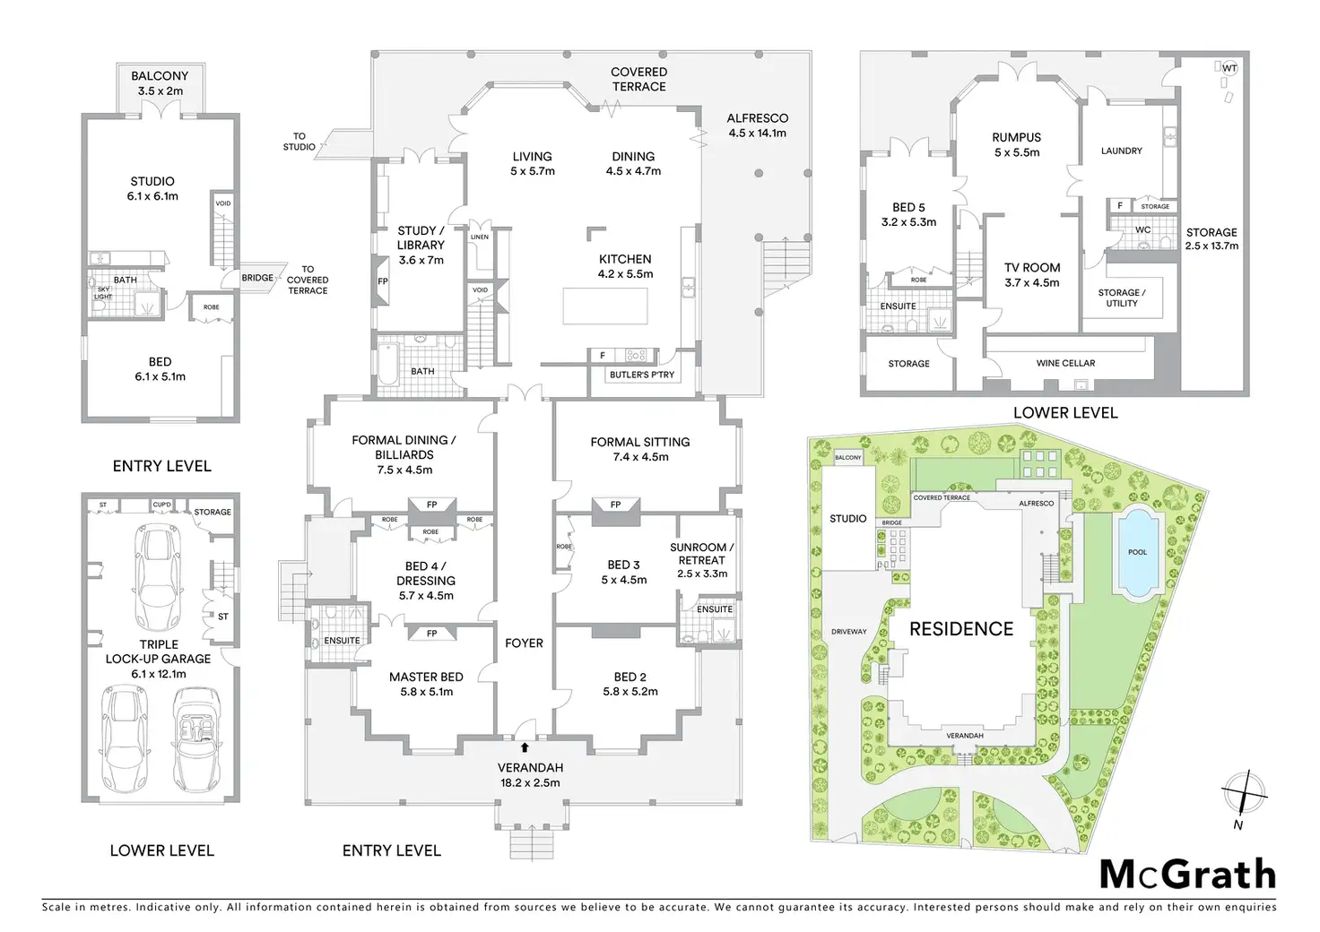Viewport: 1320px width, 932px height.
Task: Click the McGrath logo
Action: (1186, 874)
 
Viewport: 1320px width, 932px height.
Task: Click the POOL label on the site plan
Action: (1137, 552)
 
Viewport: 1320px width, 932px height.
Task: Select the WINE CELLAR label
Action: (1065, 363)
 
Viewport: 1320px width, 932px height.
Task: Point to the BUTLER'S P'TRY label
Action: (641, 375)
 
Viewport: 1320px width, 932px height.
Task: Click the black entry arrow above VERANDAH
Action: (524, 746)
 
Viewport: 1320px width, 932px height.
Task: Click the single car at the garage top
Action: (156, 579)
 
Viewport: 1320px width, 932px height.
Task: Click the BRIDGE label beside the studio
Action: (257, 278)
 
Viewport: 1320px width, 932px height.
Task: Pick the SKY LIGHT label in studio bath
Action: (103, 293)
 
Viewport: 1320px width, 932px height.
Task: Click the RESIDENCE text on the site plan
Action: (961, 629)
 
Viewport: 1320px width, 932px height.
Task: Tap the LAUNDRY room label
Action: (1121, 151)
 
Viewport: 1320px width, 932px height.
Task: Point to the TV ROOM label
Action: (1032, 274)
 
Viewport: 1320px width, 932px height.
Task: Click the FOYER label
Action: (524, 643)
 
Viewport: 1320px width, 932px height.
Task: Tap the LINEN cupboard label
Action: (480, 237)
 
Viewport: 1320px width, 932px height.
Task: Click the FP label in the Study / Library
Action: (383, 281)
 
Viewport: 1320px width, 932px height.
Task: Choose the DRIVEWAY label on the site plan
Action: (848, 631)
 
